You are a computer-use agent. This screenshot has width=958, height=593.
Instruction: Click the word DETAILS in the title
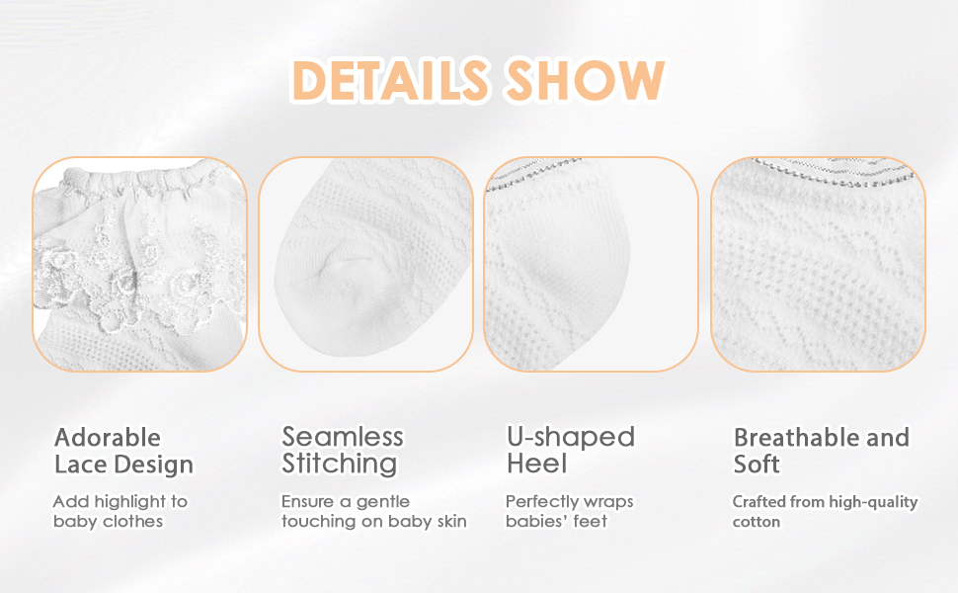(x=390, y=80)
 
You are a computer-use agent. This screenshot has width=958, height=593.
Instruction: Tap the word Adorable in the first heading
(x=108, y=438)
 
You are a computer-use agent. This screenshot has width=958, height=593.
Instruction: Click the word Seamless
(x=342, y=437)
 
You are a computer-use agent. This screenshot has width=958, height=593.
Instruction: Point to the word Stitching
(x=339, y=464)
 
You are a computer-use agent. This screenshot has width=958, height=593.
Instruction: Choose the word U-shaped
(x=571, y=438)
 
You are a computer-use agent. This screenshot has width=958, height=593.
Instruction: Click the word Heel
(x=537, y=464)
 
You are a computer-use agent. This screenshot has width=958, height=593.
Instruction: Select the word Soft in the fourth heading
(x=757, y=465)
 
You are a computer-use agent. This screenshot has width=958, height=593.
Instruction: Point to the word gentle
(x=382, y=502)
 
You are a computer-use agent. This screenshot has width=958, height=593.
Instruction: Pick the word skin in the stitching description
(x=451, y=522)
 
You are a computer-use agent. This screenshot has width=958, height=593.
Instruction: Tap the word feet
(x=592, y=522)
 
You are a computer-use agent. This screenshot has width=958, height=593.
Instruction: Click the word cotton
(x=757, y=522)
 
